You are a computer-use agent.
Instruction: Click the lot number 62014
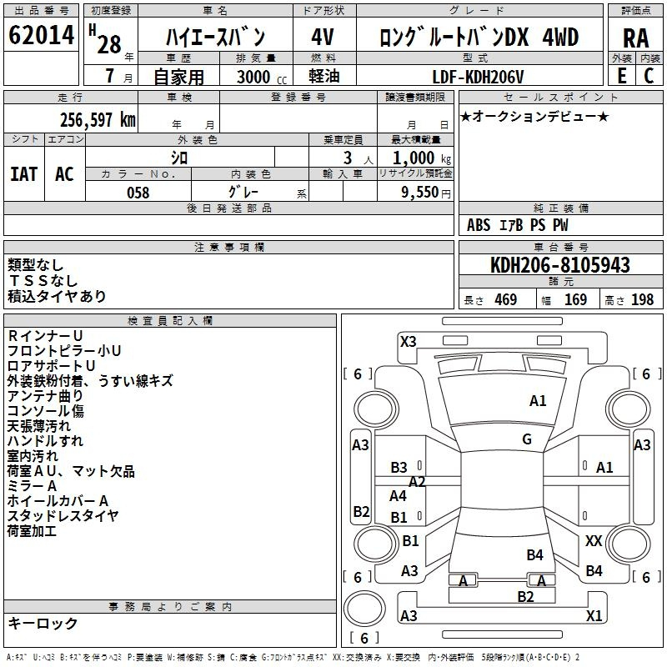[x=41, y=35]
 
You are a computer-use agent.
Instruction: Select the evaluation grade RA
[x=636, y=38]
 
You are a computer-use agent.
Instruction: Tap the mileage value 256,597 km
[x=98, y=120]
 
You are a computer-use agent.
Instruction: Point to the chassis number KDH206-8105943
[x=559, y=265]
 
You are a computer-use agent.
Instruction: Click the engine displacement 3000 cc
[x=262, y=77]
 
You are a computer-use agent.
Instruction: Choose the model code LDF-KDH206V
[x=478, y=77]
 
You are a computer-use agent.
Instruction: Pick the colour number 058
[x=138, y=193]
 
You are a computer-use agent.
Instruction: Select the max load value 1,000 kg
[x=422, y=158]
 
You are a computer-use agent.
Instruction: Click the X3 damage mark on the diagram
[x=408, y=342]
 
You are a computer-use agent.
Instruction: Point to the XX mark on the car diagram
[x=594, y=541]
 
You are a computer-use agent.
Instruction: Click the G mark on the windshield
[x=527, y=439]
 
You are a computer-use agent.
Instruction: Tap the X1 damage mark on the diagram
[x=594, y=615]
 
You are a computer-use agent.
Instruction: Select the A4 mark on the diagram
[x=398, y=495]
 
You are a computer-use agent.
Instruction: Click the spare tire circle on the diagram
[x=364, y=609]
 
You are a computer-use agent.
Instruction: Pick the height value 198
[x=642, y=299]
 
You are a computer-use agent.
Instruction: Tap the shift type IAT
[x=24, y=174]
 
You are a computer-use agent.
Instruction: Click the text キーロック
[x=43, y=623]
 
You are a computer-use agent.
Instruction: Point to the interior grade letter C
[x=649, y=76]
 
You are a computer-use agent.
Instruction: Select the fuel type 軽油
[x=324, y=76]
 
